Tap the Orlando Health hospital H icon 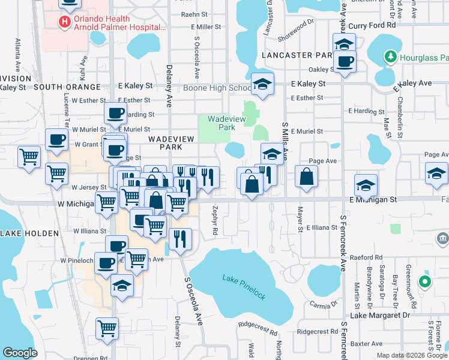(64, 22)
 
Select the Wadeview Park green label (221, 123)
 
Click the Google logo (20, 352)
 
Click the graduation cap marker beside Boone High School (262, 84)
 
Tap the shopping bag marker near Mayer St (306, 178)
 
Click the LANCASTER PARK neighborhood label (297, 55)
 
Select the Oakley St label (321, 70)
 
